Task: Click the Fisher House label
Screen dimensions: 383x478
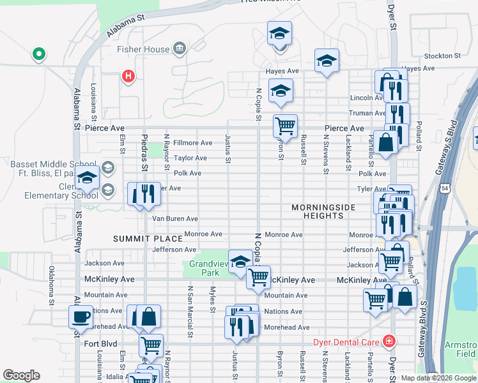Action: click(143, 49)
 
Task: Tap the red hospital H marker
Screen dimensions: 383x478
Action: click(128, 77)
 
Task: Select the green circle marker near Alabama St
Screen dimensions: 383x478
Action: click(38, 54)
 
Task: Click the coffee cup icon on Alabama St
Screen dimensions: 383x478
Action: click(81, 317)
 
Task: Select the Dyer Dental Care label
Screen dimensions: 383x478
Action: click(347, 342)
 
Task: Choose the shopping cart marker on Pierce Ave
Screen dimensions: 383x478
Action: click(285, 126)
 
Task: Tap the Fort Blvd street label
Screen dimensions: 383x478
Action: click(100, 343)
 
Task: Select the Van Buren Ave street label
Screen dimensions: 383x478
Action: click(174, 219)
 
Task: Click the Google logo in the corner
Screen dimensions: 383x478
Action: click(21, 375)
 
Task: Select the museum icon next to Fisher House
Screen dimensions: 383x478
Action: click(179, 49)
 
